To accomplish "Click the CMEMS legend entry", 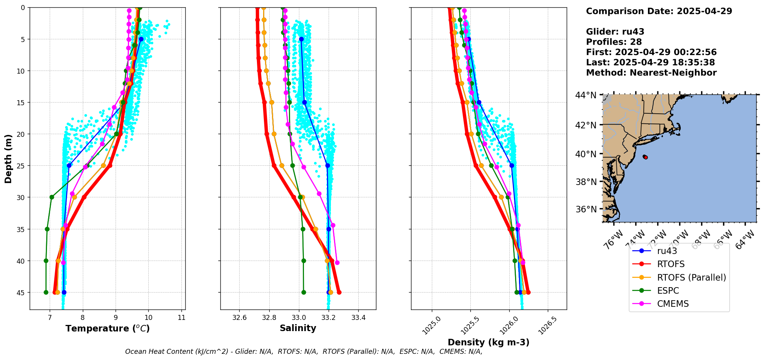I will click(x=673, y=304).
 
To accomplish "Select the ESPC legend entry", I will click(x=668, y=291).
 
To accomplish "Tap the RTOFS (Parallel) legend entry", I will click(x=691, y=278).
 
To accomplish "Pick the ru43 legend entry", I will click(x=667, y=251).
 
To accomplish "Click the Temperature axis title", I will click(x=107, y=328).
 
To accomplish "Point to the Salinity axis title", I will click(x=298, y=328).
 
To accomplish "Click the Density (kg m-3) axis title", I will click(x=488, y=342).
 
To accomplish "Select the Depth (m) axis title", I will click(x=8, y=159).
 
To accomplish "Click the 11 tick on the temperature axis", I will click(x=181, y=318).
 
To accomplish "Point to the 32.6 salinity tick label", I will click(x=239, y=318).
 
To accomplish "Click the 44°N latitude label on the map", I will click(x=586, y=95).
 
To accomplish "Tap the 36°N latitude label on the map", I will click(x=586, y=209).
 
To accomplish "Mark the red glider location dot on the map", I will click(x=645, y=157).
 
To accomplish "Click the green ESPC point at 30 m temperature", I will click(x=52, y=197).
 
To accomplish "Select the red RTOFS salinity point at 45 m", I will click(x=339, y=292).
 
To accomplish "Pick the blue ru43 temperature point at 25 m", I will click(x=69, y=165).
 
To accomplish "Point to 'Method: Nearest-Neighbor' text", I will click(x=651, y=73).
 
